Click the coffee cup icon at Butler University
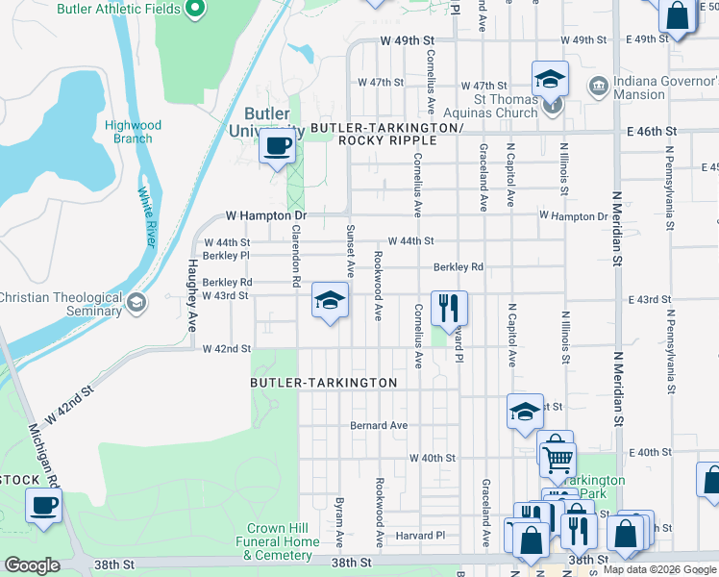click(278, 147)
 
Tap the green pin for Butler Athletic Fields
click(195, 9)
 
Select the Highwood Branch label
click(133, 132)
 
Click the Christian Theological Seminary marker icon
click(136, 304)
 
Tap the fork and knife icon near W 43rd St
click(449, 308)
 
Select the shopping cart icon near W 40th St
click(557, 459)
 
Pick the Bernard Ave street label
click(379, 425)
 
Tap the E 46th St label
click(651, 131)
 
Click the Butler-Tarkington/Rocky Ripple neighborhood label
click(387, 134)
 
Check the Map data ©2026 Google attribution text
click(659, 569)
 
